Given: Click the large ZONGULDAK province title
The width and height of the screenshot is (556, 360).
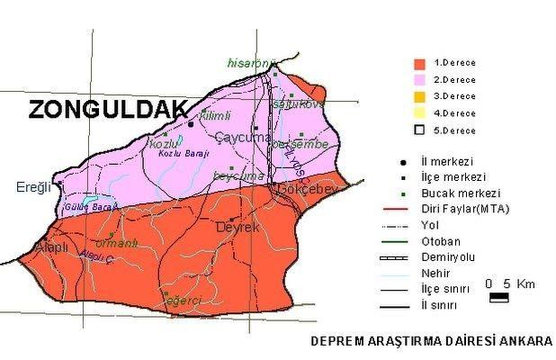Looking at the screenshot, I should (x=107, y=110).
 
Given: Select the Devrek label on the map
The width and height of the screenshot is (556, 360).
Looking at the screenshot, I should (x=238, y=229).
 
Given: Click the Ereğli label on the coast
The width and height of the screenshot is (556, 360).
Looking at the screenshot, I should (x=36, y=187).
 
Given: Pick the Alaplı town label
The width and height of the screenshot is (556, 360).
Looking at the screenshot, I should (x=44, y=247).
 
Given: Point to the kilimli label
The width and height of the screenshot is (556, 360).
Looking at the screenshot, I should (x=214, y=115).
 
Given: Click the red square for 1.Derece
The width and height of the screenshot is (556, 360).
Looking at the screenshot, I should (x=418, y=64).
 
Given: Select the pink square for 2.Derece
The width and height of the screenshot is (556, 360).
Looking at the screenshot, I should (x=418, y=80).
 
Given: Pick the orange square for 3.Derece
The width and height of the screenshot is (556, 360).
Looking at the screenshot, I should (x=418, y=96).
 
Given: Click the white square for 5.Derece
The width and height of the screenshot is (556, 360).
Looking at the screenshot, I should (x=418, y=130).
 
